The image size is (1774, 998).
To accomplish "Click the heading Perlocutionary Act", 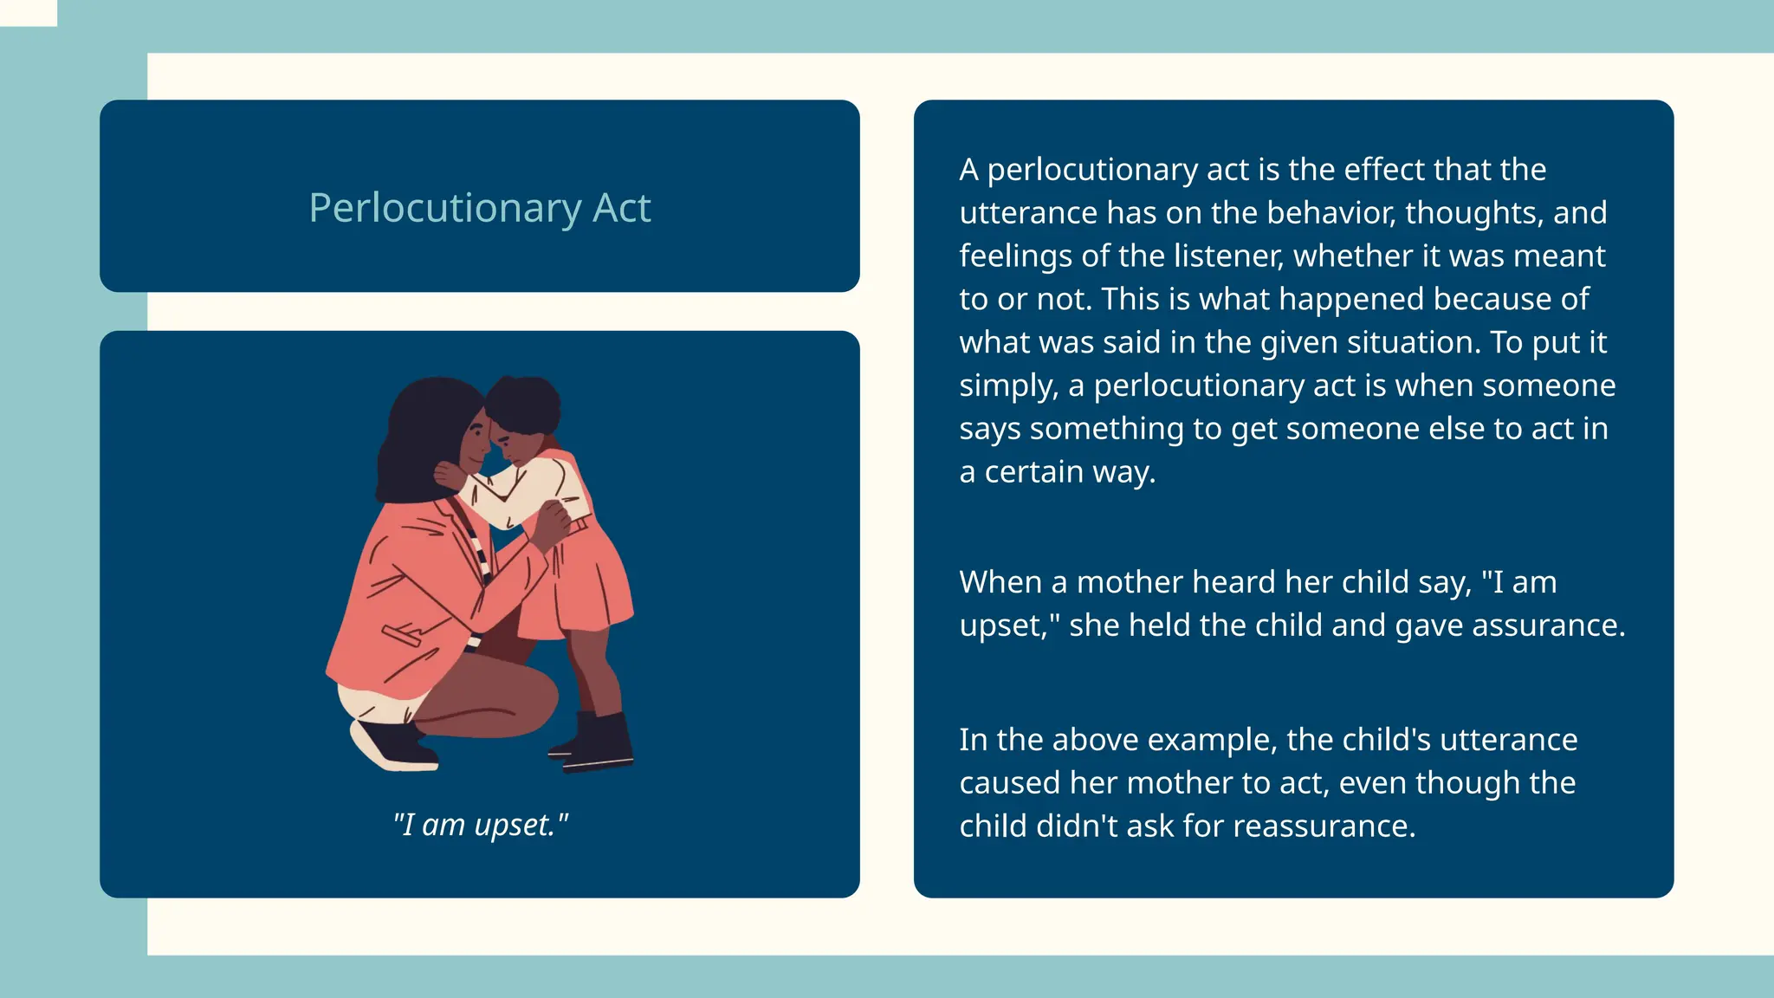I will coord(479,208).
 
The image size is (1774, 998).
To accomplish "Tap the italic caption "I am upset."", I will coord(480,824).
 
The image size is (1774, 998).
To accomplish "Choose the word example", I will coord(1212,740).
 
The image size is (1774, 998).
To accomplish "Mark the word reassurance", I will coord(1323,826).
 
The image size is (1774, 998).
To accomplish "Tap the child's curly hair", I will coord(524,403).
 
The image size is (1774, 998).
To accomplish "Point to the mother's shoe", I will coord(394,747).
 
